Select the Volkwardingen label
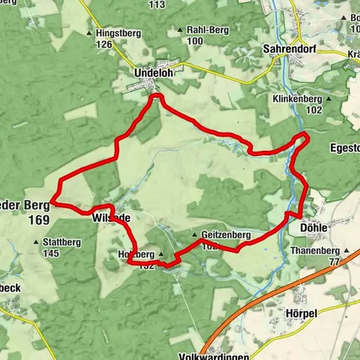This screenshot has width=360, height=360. point(213,356)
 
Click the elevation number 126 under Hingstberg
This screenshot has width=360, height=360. point(103,44)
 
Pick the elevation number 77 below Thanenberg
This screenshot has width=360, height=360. point(334,262)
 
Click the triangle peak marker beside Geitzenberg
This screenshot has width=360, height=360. point(193,235)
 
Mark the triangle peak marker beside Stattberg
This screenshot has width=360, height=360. point(38,242)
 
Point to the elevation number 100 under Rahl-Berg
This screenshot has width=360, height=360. point(195,40)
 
